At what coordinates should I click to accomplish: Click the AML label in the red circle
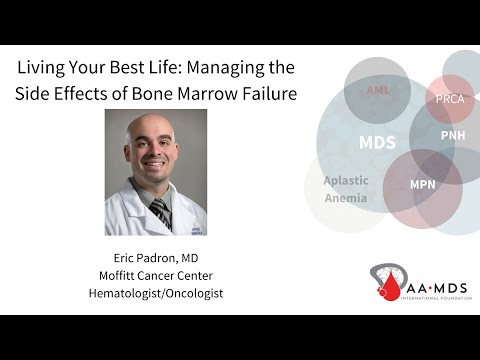377,90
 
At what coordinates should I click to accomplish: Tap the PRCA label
449,99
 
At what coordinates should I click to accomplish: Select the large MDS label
377,143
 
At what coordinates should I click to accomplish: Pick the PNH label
453,135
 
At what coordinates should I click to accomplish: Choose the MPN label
422,185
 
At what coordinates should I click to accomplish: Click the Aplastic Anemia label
345,189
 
